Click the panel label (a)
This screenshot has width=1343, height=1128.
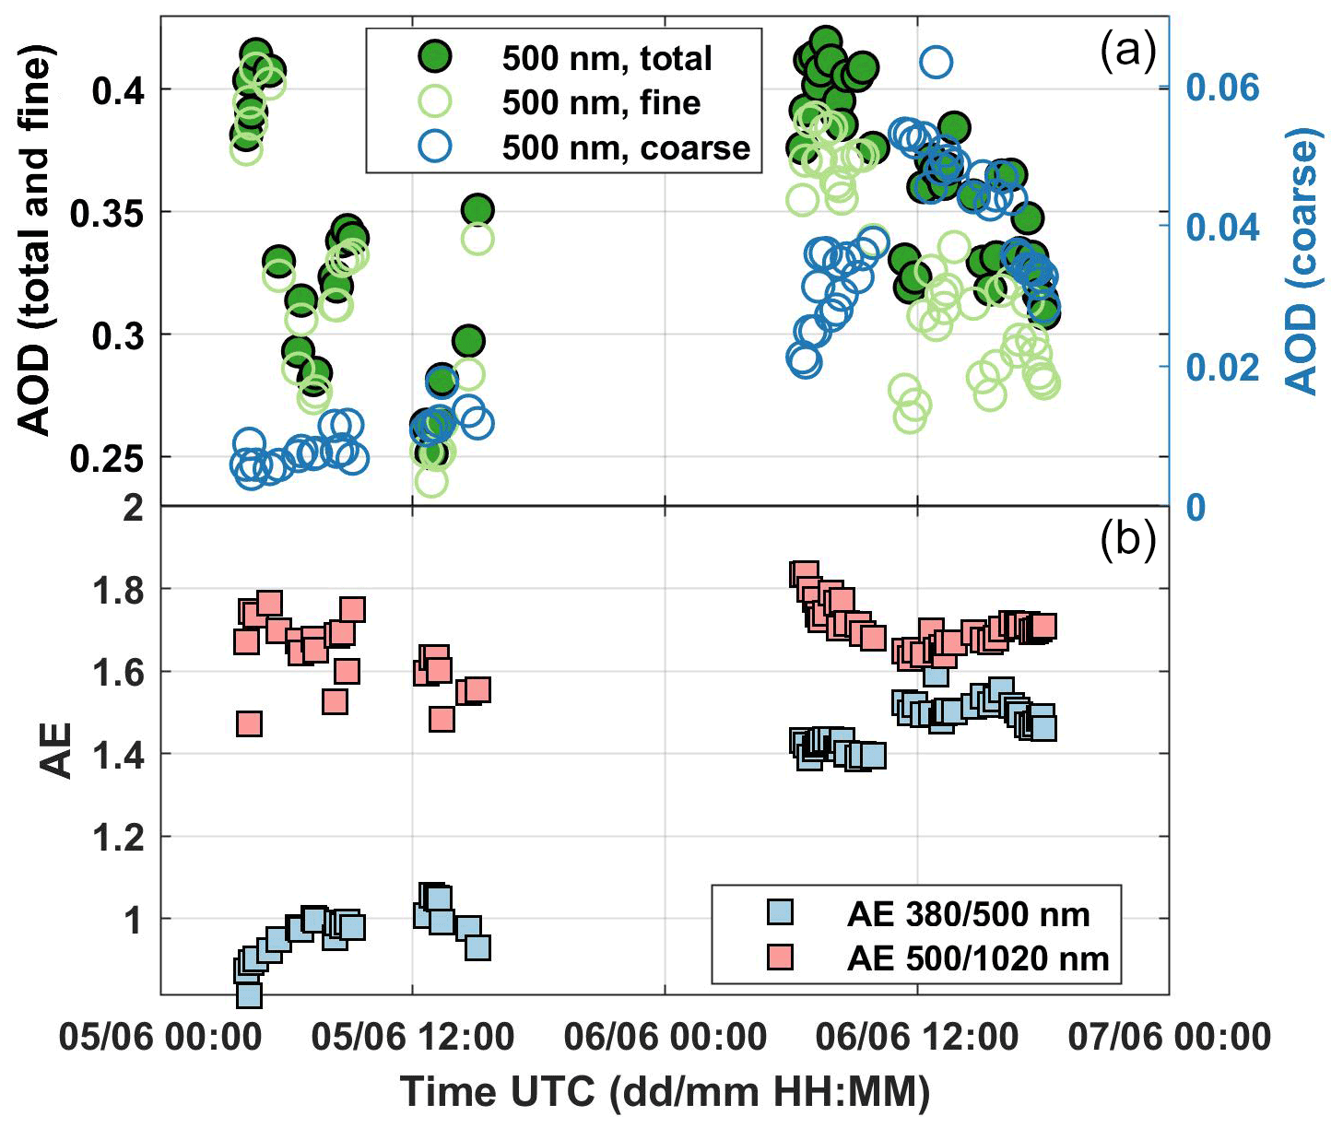click(x=1127, y=53)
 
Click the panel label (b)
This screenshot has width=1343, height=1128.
click(x=1127, y=540)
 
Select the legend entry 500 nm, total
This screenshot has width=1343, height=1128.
click(x=607, y=58)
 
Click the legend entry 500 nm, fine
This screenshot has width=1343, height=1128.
click(x=601, y=102)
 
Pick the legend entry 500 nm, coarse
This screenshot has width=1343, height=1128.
click(x=626, y=147)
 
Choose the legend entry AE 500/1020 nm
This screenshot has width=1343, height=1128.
click(x=978, y=958)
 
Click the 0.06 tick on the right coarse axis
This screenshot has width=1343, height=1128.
click(x=1222, y=88)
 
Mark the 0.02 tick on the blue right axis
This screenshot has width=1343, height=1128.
click(x=1222, y=367)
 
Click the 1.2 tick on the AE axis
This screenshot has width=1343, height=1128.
click(x=120, y=837)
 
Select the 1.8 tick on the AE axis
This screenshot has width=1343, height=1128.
click(x=120, y=589)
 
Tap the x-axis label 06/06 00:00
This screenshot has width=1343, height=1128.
click(x=665, y=1037)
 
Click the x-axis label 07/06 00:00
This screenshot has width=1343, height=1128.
click(x=1169, y=1037)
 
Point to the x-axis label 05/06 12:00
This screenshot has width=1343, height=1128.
click(x=412, y=1037)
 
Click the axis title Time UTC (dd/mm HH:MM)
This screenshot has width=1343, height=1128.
click(x=665, y=1092)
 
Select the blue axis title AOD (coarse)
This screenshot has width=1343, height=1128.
click(x=1302, y=262)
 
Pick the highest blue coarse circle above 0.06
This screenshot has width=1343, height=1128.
click(x=935, y=63)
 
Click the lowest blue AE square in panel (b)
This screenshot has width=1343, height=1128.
click(x=249, y=994)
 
